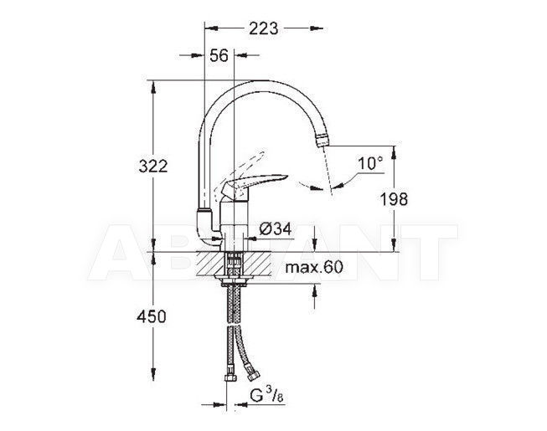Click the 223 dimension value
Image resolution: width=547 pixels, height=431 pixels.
(x=263, y=28)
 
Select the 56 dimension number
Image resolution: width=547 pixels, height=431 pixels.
(x=219, y=55)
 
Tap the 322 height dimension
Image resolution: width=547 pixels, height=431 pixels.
(x=153, y=167)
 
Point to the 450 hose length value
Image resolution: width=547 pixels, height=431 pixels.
(x=152, y=316)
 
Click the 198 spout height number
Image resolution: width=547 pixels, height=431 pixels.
(x=394, y=199)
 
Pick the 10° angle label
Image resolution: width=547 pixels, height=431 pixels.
(x=369, y=163)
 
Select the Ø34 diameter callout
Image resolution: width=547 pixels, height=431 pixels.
(x=276, y=229)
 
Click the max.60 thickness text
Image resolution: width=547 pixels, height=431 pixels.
(x=314, y=267)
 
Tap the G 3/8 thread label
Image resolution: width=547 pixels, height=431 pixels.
(x=266, y=396)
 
